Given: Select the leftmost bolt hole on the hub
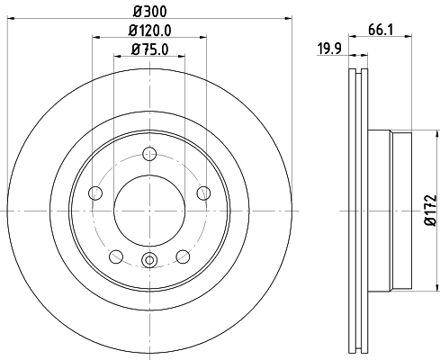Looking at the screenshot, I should (x=94, y=192).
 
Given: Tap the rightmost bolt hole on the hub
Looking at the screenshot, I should (x=203, y=192).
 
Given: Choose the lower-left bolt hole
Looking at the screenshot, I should (x=115, y=256).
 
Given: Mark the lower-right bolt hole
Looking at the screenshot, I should (x=183, y=256).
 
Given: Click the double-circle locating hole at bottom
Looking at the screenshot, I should (x=149, y=262).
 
